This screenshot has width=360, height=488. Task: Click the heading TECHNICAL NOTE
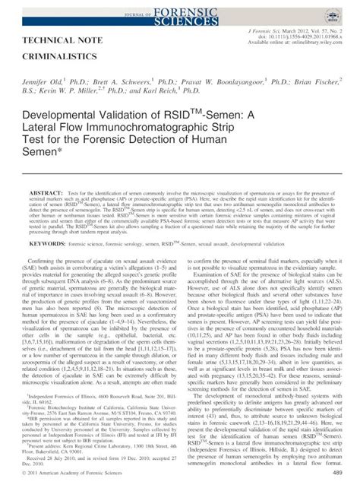68,40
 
